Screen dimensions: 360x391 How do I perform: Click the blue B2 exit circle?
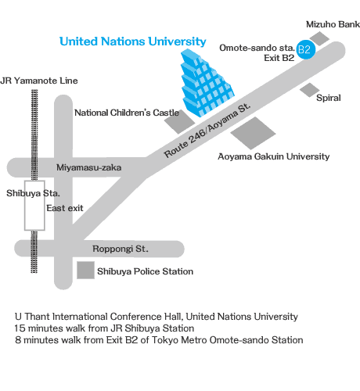click(x=306, y=49)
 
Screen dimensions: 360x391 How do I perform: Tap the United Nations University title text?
click(x=133, y=41)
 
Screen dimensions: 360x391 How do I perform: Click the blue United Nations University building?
click(x=207, y=83)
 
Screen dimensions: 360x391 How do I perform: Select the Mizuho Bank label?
click(x=333, y=24)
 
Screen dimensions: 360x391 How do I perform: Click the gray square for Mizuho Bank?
click(x=319, y=38)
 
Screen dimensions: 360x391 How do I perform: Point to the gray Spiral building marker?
click(x=309, y=90)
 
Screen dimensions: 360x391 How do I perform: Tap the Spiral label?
click(x=329, y=98)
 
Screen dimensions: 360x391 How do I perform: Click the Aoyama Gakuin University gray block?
click(x=253, y=133)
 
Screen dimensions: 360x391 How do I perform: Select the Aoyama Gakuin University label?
click(x=273, y=156)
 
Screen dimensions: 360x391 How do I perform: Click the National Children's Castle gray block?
click(x=180, y=122)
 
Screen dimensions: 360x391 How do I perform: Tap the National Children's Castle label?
click(x=127, y=113)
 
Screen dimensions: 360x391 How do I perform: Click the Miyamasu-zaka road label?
click(x=89, y=167)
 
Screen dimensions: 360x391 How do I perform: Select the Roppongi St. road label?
click(x=121, y=249)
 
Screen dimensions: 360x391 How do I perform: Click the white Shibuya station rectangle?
click(x=34, y=206)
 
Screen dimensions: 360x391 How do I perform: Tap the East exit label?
click(x=65, y=208)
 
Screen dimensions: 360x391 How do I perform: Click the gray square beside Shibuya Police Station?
click(x=85, y=271)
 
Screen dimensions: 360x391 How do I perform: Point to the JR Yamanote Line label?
click(x=39, y=81)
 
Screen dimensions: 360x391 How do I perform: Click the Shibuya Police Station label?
click(x=145, y=271)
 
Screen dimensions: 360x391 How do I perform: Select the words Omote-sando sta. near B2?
click(x=257, y=48)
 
